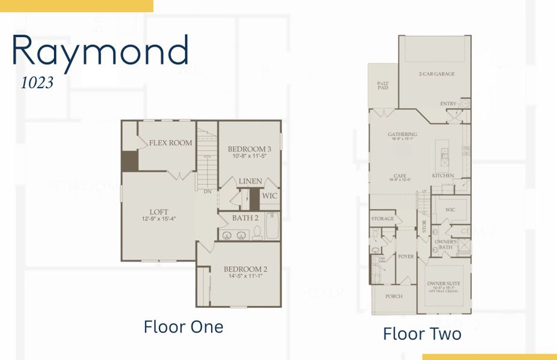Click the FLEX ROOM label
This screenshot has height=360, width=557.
(x=171, y=143)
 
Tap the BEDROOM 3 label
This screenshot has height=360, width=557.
(x=249, y=149)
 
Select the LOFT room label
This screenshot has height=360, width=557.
(x=159, y=211)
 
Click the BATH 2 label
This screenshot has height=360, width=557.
(x=245, y=218)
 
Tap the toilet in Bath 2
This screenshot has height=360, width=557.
(x=258, y=232)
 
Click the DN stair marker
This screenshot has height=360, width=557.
(x=207, y=191)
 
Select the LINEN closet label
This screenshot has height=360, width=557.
(x=250, y=181)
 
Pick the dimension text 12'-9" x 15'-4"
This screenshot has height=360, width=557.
(x=159, y=219)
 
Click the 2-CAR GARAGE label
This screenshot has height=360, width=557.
(x=436, y=74)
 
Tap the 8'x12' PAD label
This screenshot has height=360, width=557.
(x=383, y=85)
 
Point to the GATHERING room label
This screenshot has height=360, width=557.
(x=402, y=134)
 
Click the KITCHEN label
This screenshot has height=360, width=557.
(x=443, y=176)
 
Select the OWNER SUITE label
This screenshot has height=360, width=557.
(x=444, y=283)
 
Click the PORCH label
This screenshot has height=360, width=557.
(x=394, y=296)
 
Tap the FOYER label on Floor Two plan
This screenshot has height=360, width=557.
(x=406, y=256)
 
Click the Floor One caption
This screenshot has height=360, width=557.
(x=183, y=327)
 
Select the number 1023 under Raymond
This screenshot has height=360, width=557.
(x=37, y=83)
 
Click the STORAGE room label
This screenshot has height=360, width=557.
(x=383, y=218)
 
